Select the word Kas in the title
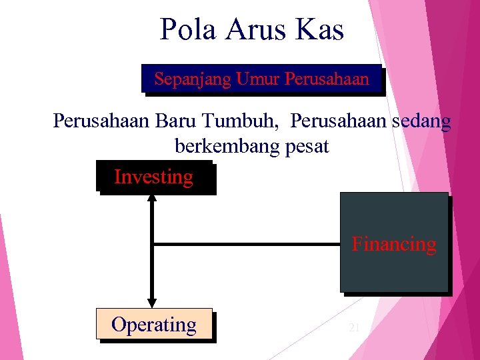321,30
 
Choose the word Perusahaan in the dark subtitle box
327,79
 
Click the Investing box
154,177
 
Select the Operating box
154,325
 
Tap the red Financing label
394,244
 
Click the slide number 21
354,327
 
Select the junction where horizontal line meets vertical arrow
152,245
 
